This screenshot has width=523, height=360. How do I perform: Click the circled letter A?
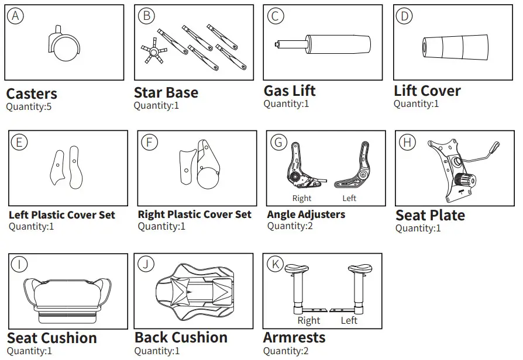[16, 16]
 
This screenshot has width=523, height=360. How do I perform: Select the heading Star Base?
[166, 92]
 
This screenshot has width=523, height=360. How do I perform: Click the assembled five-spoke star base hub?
[154, 53]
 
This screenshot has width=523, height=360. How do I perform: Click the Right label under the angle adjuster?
[302, 198]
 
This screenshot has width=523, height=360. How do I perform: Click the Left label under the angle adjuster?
[349, 198]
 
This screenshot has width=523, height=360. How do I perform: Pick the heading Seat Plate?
[430, 215]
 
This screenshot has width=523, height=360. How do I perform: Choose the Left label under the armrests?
[349, 320]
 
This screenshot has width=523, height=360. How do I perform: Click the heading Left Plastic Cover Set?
[62, 214]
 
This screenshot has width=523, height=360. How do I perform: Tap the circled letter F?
[150, 142]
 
